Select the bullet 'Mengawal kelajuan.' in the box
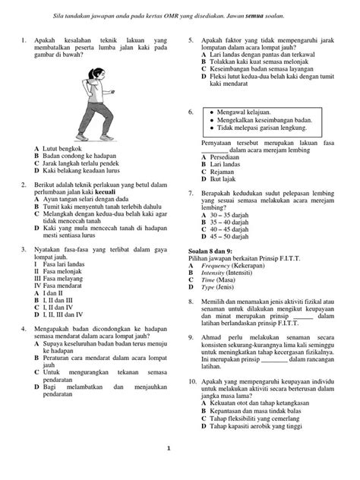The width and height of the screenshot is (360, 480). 256,112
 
